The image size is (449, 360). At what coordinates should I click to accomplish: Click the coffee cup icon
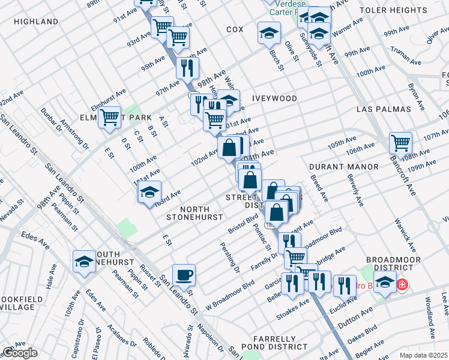pos(184,275)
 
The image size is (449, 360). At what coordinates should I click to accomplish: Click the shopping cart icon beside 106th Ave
pos(400,143)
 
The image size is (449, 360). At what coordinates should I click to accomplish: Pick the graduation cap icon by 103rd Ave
pos(149,193)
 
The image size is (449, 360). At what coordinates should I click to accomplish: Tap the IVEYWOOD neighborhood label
pos(274,98)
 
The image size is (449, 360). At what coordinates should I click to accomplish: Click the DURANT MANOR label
pos(344,166)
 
